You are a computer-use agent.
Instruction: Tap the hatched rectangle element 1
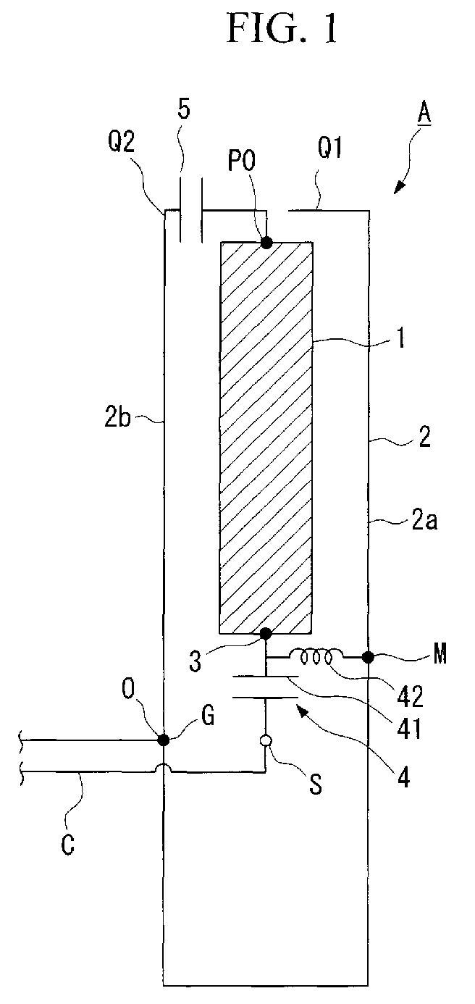click(266, 438)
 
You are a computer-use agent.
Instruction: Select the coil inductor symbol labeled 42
click(316, 657)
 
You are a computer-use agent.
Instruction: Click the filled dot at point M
click(369, 658)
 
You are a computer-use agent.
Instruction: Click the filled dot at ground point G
click(164, 740)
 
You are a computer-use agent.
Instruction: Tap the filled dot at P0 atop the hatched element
click(266, 243)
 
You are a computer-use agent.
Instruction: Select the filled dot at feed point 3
click(266, 633)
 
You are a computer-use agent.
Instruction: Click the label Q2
click(121, 142)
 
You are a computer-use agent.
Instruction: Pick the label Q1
click(330, 148)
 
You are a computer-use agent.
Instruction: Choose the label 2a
click(424, 520)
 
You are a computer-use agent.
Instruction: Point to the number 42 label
click(410, 697)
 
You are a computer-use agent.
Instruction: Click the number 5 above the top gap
click(184, 109)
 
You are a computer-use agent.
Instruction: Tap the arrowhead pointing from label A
click(398, 188)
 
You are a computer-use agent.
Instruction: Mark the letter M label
click(440, 655)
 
